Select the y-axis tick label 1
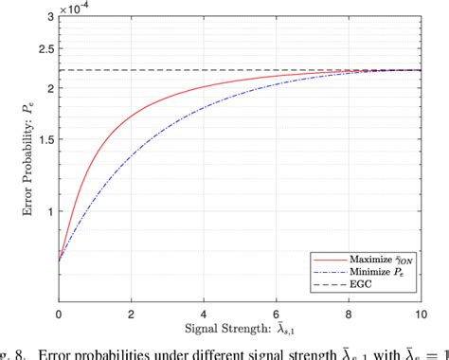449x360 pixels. (49, 210)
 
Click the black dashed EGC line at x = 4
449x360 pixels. (205, 70)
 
